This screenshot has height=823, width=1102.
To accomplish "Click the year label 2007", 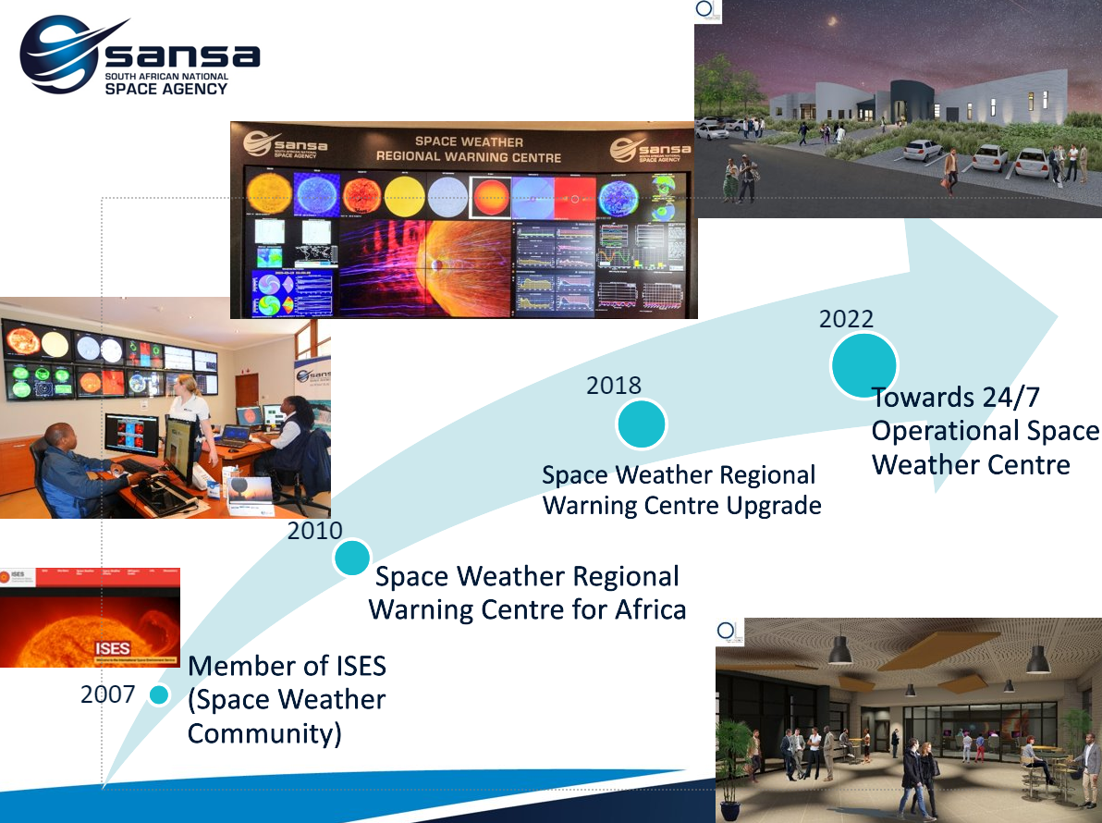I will click(107, 694).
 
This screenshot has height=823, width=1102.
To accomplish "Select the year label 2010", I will click(314, 531).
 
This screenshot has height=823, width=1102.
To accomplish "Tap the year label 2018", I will click(613, 385).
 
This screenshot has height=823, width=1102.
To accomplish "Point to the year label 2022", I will click(846, 319).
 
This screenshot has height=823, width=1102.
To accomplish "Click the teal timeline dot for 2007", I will click(159, 695).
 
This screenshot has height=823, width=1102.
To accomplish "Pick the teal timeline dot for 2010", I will click(352, 558).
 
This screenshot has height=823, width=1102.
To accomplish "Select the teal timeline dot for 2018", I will click(642, 424).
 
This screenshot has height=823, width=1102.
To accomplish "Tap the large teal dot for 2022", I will click(864, 366).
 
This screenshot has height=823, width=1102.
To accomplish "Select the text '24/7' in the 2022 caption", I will click(1008, 399).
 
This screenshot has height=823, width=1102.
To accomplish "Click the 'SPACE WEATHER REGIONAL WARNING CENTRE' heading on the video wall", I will click(469, 150).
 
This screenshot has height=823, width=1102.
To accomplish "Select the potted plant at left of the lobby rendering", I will click(734, 763).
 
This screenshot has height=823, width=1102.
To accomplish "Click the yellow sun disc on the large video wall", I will click(404, 196).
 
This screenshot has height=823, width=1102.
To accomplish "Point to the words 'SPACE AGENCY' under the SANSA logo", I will click(165, 89).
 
